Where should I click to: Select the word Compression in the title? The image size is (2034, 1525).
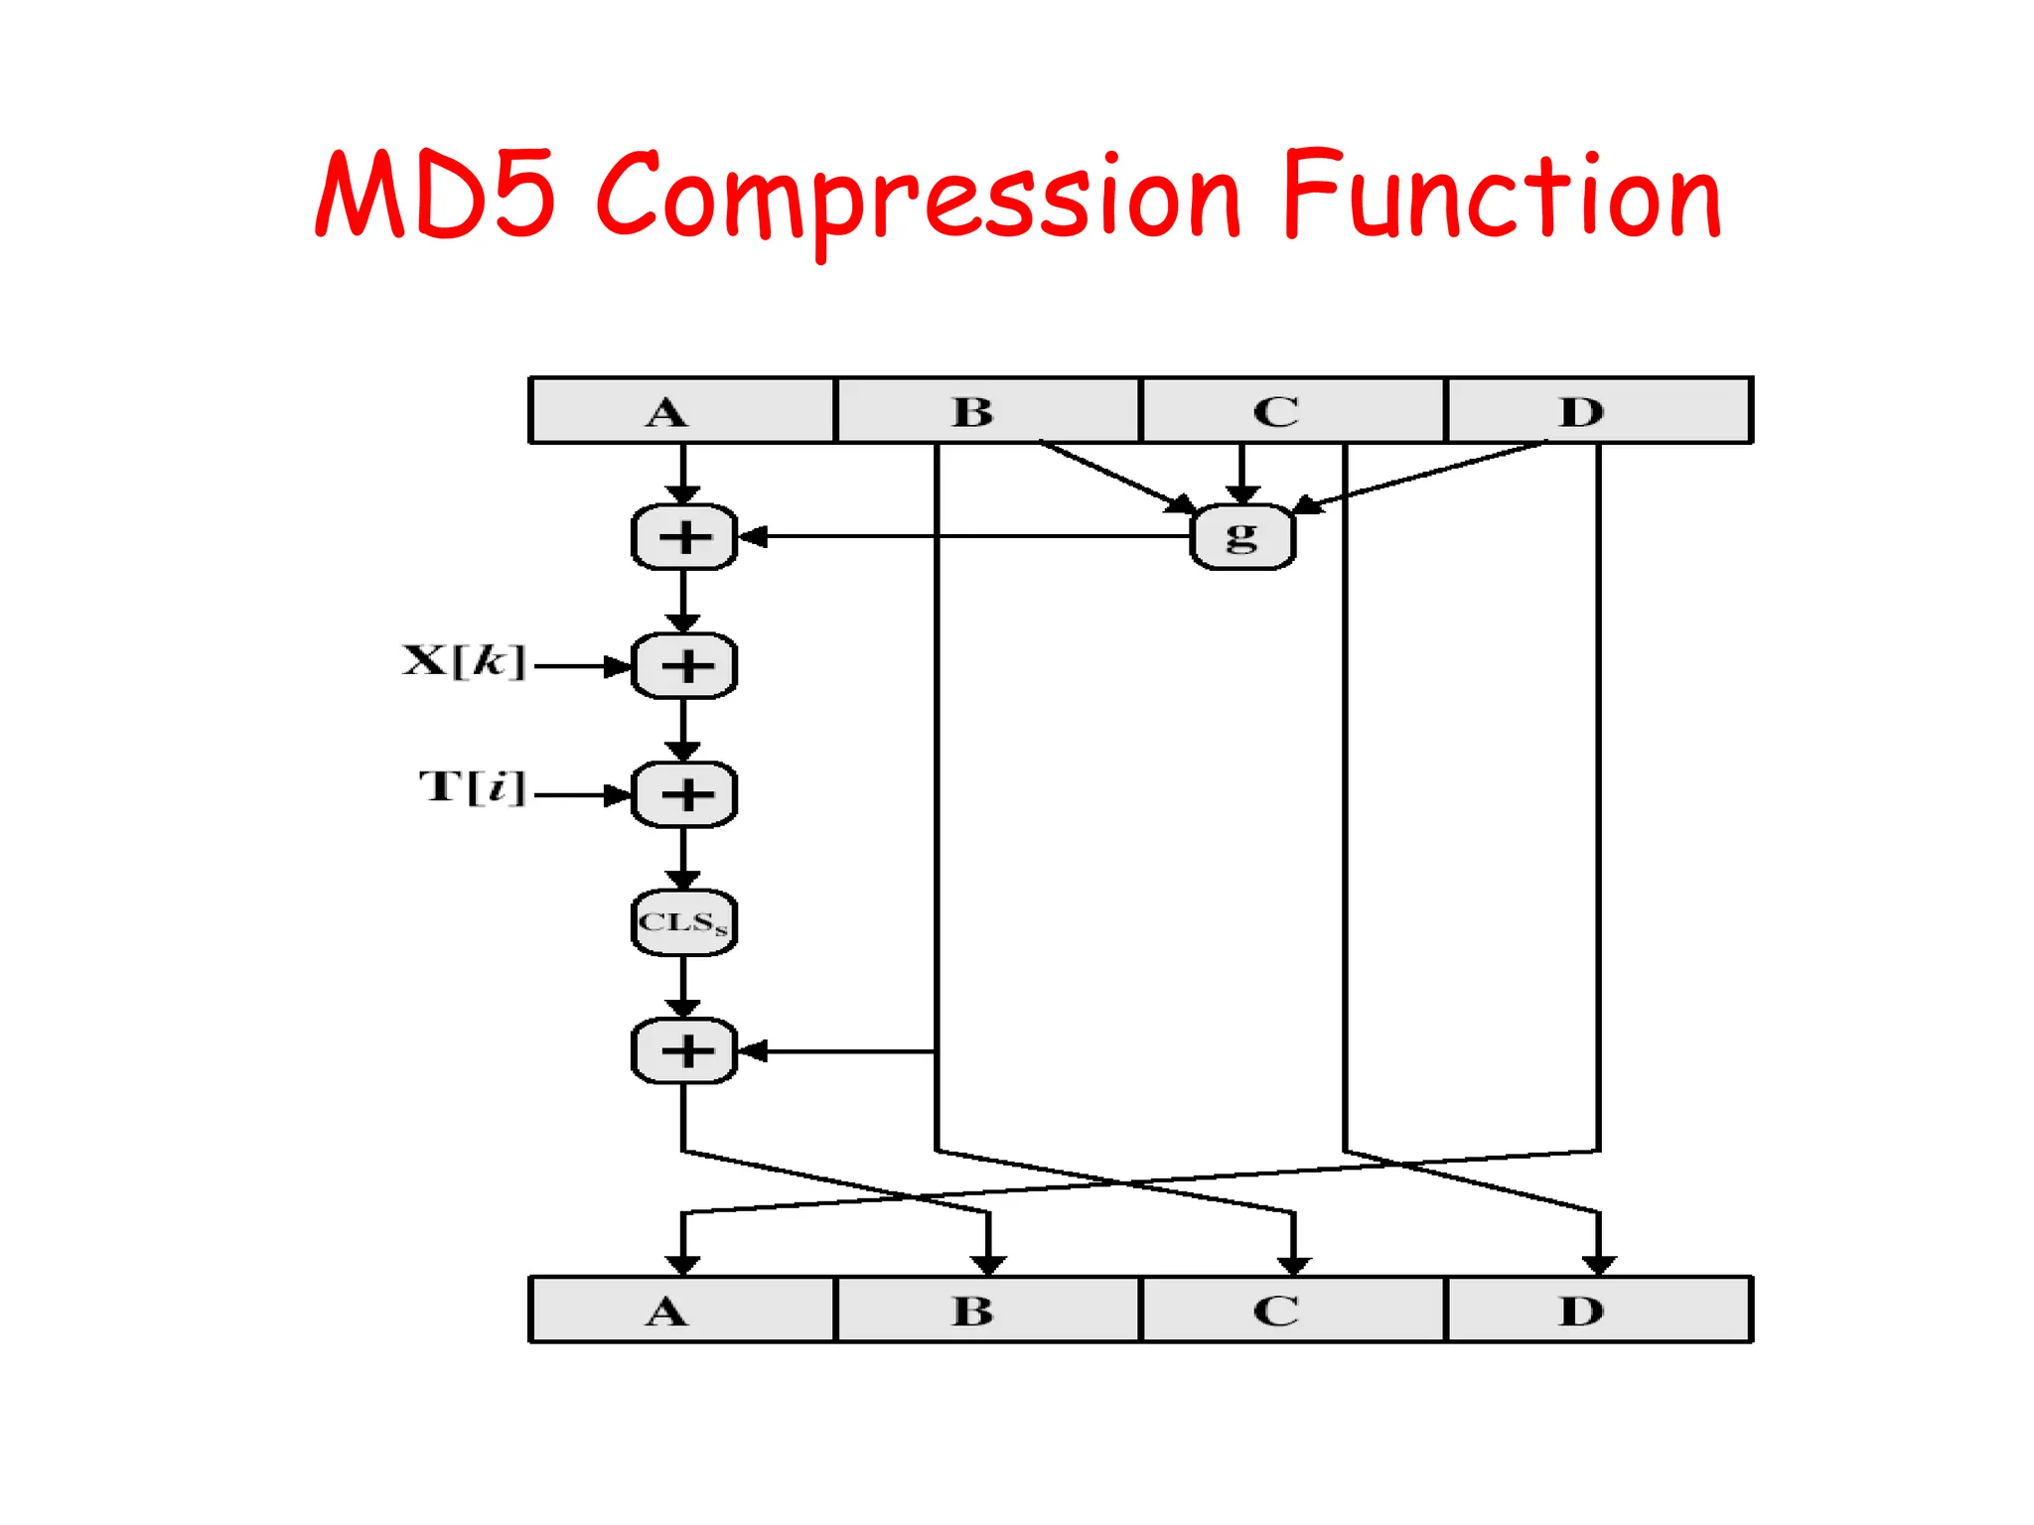[919, 199]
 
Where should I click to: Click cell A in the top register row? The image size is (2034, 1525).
[682, 411]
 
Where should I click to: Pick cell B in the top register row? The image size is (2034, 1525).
[987, 411]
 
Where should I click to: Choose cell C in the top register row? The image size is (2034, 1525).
[1292, 411]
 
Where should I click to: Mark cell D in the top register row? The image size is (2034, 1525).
[1598, 411]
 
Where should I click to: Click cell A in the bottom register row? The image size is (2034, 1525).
[682, 1311]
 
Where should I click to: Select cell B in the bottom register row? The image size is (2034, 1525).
[987, 1311]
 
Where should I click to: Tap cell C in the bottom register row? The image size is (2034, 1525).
[1292, 1311]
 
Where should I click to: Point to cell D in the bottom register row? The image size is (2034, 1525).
[1598, 1311]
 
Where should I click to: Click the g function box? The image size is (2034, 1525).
[1242, 537]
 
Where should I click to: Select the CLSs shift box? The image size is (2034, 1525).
[683, 922]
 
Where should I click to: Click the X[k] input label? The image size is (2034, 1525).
[464, 661]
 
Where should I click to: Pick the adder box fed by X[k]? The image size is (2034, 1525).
[684, 666]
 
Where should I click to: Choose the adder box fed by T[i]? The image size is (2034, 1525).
[684, 794]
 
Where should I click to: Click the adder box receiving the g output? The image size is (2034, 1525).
[684, 537]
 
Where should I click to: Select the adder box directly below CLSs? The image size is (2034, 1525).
[684, 1050]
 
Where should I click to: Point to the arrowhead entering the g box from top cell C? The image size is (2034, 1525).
[1242, 494]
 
